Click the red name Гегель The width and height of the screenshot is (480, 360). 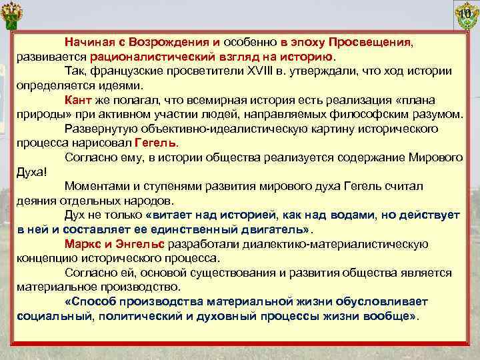point(156,143)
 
